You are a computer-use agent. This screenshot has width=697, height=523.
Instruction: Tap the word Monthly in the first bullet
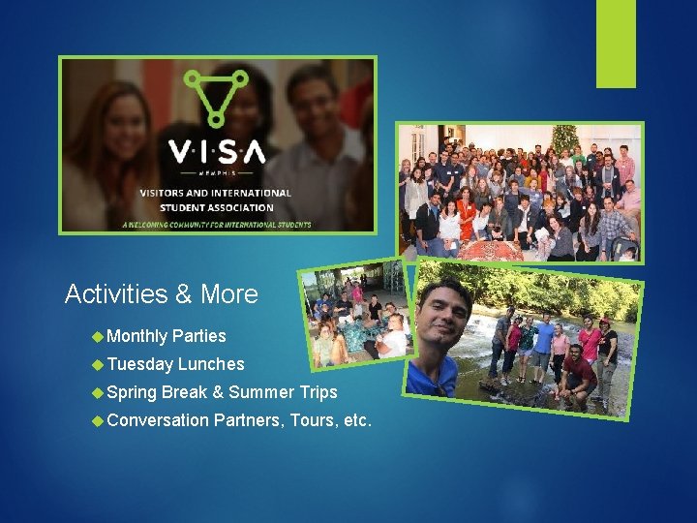pyautogui.click(x=136, y=336)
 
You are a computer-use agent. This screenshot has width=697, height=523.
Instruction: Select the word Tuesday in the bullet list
pyautogui.click(x=139, y=364)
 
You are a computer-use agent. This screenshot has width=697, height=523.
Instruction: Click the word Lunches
pyautogui.click(x=211, y=364)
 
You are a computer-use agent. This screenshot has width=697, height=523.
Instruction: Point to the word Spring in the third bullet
pyautogui.click(x=132, y=392)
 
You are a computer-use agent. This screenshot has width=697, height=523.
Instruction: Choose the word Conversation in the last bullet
pyautogui.click(x=158, y=420)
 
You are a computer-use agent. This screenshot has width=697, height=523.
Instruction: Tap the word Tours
pyautogui.click(x=312, y=420)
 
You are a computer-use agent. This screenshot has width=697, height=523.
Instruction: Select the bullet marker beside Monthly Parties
pyautogui.click(x=97, y=336)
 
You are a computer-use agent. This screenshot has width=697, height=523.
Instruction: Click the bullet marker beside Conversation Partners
pyautogui.click(x=97, y=420)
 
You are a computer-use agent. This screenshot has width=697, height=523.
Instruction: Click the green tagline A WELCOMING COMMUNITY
pyautogui.click(x=217, y=225)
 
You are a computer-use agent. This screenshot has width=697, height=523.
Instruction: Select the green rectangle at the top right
pyautogui.click(x=616, y=43)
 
